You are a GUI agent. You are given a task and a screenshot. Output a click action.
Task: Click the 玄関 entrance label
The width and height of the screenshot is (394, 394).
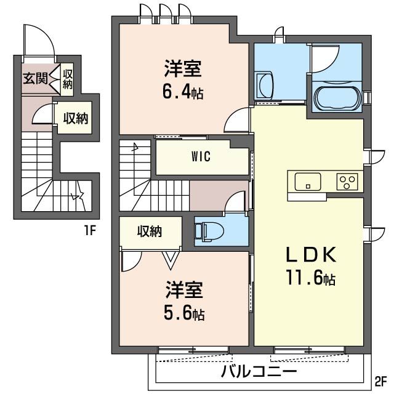(35, 78)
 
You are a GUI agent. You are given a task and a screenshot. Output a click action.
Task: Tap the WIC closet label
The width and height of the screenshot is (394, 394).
(201, 157)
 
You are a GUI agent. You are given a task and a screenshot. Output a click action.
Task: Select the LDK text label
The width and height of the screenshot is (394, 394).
(311, 254)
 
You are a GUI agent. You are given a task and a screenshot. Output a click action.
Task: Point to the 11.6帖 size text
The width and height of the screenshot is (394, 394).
(310, 278)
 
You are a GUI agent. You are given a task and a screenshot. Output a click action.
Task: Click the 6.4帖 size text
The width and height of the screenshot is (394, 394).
(183, 92)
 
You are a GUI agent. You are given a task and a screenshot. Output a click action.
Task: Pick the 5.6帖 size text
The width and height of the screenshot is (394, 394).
(184, 312)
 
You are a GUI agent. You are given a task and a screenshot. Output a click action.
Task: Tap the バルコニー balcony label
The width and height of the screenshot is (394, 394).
(259, 371)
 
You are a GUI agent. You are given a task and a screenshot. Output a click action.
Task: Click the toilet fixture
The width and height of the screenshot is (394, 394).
(209, 231)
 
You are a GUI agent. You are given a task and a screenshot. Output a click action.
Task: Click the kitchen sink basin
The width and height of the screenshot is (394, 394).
(308, 182)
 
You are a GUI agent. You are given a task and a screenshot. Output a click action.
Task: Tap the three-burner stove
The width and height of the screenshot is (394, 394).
(347, 182)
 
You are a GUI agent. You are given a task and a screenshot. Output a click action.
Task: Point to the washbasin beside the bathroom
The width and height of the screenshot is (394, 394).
(264, 85)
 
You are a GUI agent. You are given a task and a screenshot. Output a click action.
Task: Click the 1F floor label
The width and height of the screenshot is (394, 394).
(90, 230)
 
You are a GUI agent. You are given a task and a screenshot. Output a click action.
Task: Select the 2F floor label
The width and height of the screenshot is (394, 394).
(380, 382)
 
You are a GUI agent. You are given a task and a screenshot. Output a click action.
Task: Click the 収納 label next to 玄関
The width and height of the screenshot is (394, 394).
(67, 79)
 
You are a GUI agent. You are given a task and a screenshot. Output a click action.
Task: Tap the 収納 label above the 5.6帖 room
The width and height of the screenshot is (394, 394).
(150, 231)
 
